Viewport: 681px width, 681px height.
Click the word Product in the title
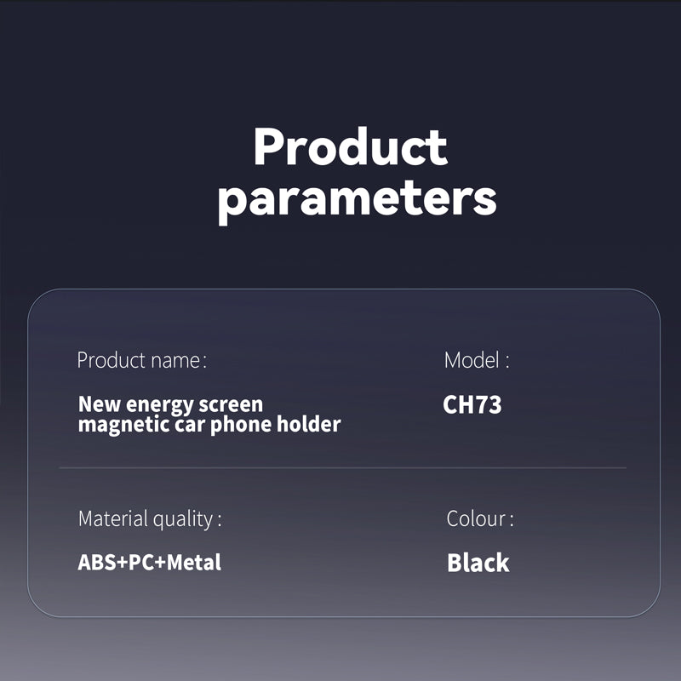coord(351,146)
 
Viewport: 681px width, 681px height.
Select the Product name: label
coord(142,360)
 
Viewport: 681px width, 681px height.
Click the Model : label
coord(477,360)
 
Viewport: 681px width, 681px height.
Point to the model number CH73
coord(472,404)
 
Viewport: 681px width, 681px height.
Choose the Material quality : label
coord(150,518)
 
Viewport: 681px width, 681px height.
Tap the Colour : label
coord(480,518)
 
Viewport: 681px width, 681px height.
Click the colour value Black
coord(478,563)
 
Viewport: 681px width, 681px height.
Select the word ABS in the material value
coord(97,562)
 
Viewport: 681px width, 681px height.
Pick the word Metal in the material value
coord(194,562)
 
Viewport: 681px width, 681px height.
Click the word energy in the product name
coord(159,406)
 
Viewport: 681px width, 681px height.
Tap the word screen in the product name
coord(231,405)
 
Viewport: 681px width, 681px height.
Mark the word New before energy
coord(99,404)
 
